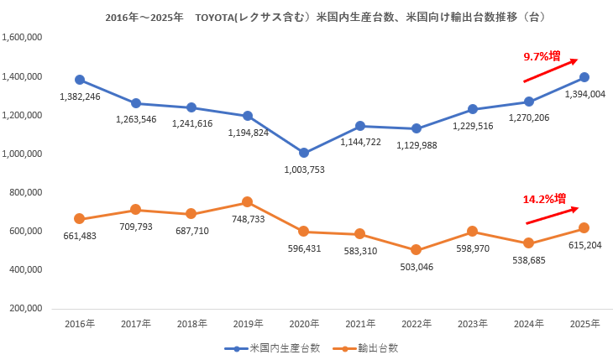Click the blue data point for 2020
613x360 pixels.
point(304,153)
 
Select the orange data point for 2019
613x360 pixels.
point(248,202)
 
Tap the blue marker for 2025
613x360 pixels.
point(584,78)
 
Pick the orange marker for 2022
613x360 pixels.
point(417,250)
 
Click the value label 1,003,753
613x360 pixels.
point(304,170)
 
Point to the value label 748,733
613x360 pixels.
point(248,219)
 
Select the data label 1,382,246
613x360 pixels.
point(80,97)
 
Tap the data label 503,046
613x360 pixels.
point(417,267)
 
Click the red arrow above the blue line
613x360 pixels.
point(550,70)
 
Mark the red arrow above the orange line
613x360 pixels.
point(552,215)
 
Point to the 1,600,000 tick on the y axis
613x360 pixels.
point(23,38)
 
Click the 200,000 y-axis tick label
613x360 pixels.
point(26,309)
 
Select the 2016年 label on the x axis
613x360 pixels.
point(80,323)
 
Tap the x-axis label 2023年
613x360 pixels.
point(473,323)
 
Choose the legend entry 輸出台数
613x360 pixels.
point(366,347)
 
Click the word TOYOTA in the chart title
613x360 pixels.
point(218,17)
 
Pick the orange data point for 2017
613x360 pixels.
point(136,210)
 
